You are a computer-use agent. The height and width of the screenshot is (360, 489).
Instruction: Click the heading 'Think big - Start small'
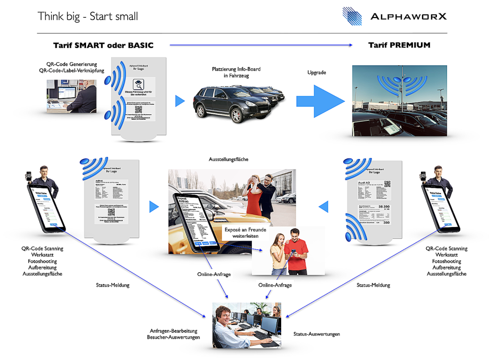pos(88,16)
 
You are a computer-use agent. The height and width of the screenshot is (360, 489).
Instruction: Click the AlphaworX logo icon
pos(352,16)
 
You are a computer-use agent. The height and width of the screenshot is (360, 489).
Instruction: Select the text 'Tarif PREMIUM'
pos(399,45)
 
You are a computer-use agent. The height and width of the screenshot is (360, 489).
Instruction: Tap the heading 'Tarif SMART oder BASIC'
pos(103,45)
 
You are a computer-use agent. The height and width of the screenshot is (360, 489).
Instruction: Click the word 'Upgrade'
pos(317,72)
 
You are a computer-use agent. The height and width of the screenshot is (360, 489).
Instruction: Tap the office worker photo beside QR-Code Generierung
pos(71,95)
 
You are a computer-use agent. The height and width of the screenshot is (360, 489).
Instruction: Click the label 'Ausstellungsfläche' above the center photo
pos(229,159)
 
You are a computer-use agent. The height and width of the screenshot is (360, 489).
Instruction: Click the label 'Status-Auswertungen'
pos(317,334)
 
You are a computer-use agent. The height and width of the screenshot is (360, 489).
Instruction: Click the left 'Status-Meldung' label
pos(113,285)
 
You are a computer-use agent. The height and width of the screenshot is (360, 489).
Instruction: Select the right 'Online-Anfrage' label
pos(275,285)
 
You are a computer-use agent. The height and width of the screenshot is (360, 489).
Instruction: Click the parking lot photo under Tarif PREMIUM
pos(399,101)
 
